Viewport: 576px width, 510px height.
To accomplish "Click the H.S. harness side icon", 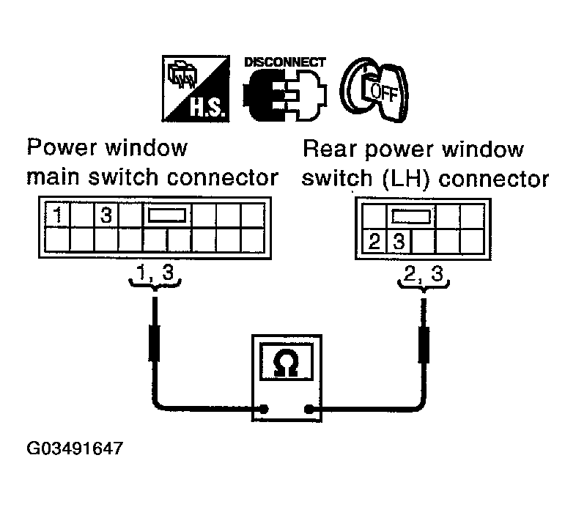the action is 196,89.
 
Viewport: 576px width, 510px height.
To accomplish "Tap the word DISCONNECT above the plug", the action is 285,62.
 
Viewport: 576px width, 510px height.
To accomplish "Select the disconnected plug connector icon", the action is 285,95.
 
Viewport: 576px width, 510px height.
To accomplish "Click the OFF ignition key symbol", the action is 374,89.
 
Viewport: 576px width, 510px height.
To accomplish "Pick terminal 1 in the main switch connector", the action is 57,215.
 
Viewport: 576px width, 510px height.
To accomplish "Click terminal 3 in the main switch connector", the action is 106,215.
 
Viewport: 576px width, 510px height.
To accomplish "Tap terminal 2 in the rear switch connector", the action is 374,242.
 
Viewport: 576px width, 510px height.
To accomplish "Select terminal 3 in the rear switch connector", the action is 399,242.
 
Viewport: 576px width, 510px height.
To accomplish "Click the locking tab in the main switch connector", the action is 167,215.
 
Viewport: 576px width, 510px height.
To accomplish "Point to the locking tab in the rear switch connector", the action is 410,216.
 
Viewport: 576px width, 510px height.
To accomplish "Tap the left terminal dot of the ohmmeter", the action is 263,409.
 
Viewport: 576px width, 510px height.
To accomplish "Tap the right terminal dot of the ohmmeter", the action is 309,409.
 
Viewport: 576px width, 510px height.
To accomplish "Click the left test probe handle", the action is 155,342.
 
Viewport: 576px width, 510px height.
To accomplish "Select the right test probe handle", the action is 424,344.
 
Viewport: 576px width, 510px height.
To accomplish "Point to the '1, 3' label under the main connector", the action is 155,273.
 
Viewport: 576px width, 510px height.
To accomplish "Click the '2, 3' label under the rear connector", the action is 424,274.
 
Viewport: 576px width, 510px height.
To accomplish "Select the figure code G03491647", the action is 75,448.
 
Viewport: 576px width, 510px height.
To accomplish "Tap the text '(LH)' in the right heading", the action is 405,180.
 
